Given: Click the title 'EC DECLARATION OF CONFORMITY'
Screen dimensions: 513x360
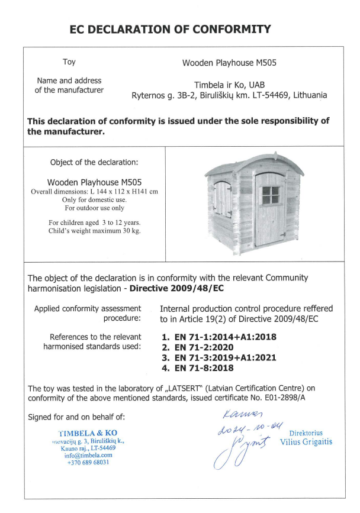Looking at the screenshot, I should click(170, 29).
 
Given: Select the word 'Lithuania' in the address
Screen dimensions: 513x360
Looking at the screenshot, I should click(307, 95).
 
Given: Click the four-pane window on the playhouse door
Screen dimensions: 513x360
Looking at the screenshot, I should click(271, 195).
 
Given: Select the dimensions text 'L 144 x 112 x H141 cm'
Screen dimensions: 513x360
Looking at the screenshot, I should click(120, 192).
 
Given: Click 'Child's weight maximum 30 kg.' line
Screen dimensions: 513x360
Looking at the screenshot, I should click(95, 231).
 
